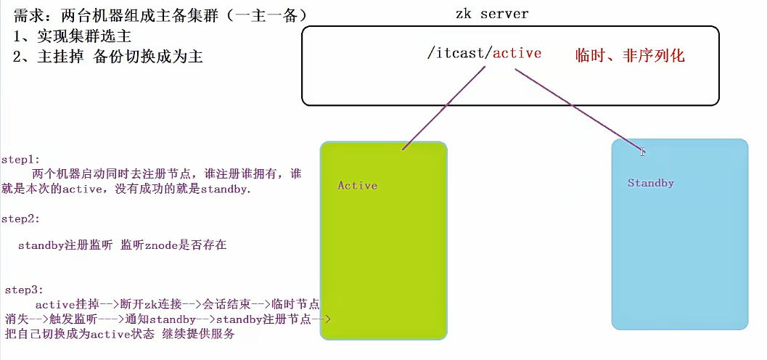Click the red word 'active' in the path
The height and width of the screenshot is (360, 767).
tap(517, 54)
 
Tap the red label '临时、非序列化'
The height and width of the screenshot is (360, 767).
tap(629, 55)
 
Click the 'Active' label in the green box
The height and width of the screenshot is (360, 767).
tap(358, 186)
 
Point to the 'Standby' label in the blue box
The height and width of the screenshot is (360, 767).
tap(651, 183)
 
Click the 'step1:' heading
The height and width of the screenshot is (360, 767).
tap(21, 159)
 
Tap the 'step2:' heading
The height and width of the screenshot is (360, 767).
tap(21, 218)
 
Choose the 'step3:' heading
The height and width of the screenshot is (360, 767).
tap(24, 290)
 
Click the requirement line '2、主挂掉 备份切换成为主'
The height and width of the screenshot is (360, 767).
tap(107, 57)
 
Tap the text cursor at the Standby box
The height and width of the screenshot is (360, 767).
tap(642, 152)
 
